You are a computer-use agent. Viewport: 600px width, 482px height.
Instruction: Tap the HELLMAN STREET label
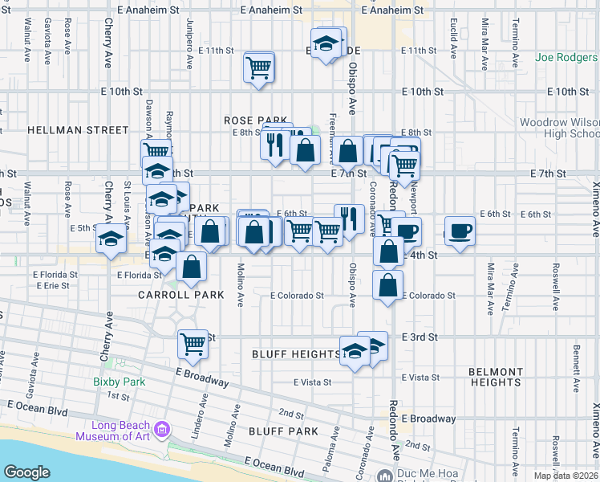78,129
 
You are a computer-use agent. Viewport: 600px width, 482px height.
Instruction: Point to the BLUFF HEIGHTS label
296,354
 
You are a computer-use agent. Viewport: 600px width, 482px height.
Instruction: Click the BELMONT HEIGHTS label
496,377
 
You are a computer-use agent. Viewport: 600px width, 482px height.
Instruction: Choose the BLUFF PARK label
284,431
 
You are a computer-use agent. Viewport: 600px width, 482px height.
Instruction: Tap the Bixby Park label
119,382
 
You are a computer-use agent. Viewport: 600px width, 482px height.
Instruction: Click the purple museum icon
164,431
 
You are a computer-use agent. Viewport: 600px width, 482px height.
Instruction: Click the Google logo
26,472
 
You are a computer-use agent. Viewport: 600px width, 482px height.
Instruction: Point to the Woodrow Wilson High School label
559,128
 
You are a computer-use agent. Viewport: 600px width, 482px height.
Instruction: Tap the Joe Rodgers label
567,58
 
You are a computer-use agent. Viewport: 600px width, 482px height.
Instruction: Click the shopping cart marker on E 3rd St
193,345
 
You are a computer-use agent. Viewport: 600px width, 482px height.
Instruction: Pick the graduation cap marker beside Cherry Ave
111,239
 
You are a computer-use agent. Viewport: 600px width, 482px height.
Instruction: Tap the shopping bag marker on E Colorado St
388,285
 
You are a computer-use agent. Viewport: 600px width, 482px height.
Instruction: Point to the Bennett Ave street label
576,369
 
